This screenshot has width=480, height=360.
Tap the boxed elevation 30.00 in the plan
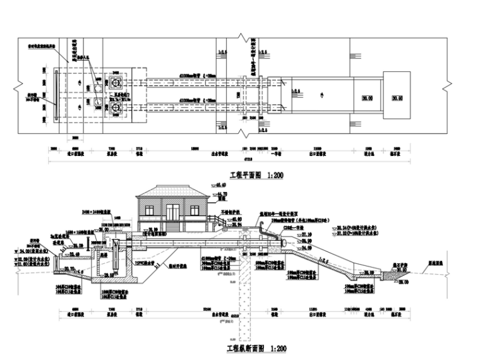(x=367, y=98)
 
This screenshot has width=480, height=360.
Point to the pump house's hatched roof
(x=172, y=191)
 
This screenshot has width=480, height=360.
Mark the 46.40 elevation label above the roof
(x=222, y=184)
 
